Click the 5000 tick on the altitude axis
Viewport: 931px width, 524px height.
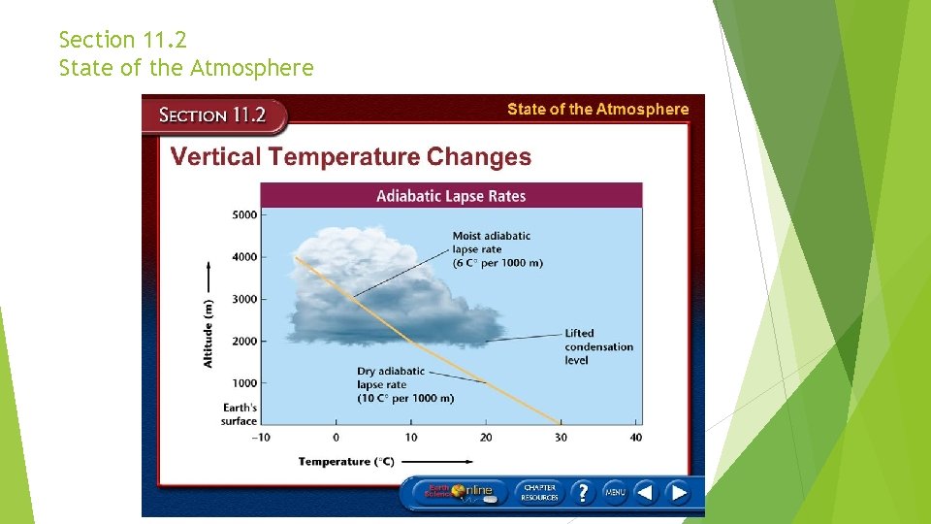click(x=244, y=214)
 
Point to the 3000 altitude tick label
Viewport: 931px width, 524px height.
click(x=244, y=299)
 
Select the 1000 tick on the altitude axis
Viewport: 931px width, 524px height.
click(x=244, y=383)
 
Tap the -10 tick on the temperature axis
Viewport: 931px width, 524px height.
click(x=261, y=437)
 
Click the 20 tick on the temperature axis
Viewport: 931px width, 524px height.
click(x=486, y=437)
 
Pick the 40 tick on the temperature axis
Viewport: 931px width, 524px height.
click(x=635, y=437)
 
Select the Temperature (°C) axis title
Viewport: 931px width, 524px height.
click(x=347, y=461)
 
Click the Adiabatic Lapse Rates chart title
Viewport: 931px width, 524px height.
click(x=451, y=196)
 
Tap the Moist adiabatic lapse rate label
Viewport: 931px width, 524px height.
click(x=497, y=248)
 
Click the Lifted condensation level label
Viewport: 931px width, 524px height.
click(x=598, y=346)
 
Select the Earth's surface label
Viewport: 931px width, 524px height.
click(x=240, y=414)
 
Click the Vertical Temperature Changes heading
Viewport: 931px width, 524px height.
click(x=351, y=156)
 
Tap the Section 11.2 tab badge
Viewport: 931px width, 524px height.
click(x=212, y=115)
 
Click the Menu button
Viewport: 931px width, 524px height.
click(x=615, y=492)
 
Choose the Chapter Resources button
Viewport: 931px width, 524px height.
click(x=539, y=492)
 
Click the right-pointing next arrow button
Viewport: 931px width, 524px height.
click(x=680, y=492)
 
